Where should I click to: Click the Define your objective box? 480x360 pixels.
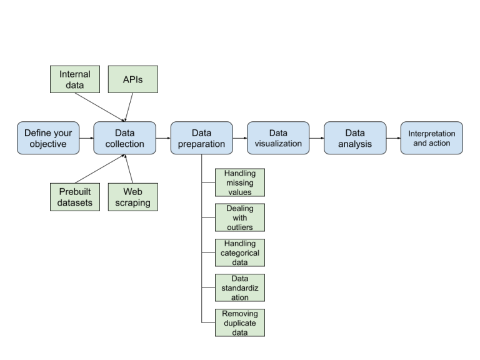pyautogui.click(x=48, y=138)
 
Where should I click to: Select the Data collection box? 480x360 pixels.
pyautogui.click(x=124, y=138)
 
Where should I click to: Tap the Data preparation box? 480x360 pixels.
pyautogui.click(x=201, y=138)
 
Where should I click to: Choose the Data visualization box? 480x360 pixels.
pyautogui.click(x=277, y=138)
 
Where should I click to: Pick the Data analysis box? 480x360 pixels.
pyautogui.click(x=354, y=138)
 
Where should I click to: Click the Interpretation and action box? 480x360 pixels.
pyautogui.click(x=431, y=138)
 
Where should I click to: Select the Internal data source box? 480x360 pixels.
pyautogui.click(x=74, y=79)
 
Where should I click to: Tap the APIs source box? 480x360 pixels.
pyautogui.click(x=132, y=79)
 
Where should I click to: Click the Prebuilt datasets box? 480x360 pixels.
pyautogui.click(x=74, y=196)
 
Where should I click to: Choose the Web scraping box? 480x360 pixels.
pyautogui.click(x=132, y=196)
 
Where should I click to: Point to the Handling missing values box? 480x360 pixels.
pyautogui.click(x=239, y=182)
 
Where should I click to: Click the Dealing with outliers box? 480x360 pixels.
pyautogui.click(x=239, y=217)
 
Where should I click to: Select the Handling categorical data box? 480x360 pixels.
pyautogui.click(x=239, y=252)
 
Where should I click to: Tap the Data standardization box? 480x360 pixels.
pyautogui.click(x=239, y=287)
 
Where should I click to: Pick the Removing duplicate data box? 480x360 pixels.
pyautogui.click(x=239, y=322)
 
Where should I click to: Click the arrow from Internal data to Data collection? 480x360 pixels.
pyautogui.click(x=100, y=107)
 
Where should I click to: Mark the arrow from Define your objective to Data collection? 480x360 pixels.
pyautogui.click(x=86, y=138)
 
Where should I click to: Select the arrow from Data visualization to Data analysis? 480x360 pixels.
pyautogui.click(x=316, y=138)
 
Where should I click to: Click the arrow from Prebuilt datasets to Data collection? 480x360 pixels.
pyautogui.click(x=100, y=169)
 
